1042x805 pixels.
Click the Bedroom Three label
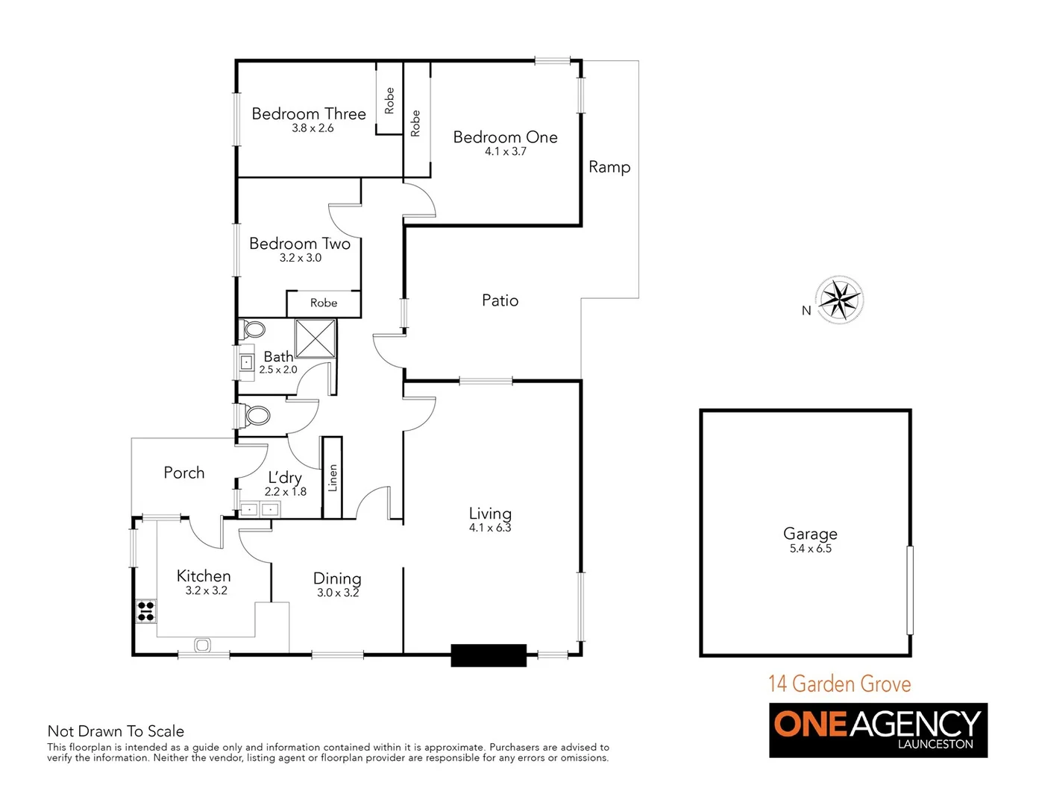coord(309,114)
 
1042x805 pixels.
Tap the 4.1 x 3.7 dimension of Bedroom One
coord(506,151)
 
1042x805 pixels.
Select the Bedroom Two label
coord(300,244)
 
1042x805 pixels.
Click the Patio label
coord(500,300)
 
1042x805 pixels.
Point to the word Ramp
coord(609,167)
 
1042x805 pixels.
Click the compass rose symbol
coord(841,300)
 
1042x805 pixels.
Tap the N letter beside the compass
coord(806,311)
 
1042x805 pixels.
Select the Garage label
coord(810,534)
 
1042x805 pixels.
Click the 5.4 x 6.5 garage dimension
coord(811,549)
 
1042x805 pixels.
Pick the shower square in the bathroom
coord(316,338)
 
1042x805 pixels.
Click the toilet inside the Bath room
coord(254,329)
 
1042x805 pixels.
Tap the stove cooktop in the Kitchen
coord(146,611)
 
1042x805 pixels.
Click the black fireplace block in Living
coord(489,655)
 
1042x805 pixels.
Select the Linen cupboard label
coord(333,478)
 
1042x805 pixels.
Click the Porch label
coord(184,473)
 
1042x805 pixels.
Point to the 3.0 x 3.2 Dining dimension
coord(338,593)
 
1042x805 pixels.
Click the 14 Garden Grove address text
coord(840,684)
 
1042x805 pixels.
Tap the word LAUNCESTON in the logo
coord(935,744)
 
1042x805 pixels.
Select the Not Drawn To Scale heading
coord(116,731)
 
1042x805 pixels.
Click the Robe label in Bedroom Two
coord(324,303)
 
